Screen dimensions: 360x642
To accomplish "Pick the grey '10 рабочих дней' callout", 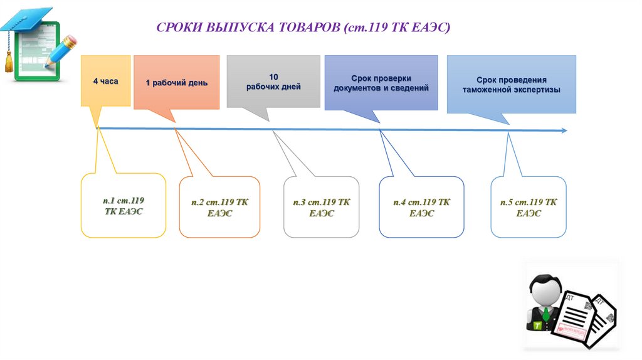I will click(x=273, y=82).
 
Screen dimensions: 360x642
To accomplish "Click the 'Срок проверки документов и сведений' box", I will click(x=381, y=83).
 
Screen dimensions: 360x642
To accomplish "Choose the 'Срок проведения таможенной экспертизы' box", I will click(x=511, y=85).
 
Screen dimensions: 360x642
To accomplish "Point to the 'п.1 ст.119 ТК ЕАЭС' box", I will click(x=124, y=206).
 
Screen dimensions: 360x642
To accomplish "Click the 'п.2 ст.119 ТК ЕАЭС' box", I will click(x=219, y=207).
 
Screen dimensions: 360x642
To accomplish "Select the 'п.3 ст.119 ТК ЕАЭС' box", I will click(x=321, y=207).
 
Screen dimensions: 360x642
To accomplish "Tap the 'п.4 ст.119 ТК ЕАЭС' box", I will click(x=421, y=207).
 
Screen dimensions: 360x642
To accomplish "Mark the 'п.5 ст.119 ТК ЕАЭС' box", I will click(x=528, y=207).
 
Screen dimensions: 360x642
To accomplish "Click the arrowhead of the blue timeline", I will click(x=564, y=130).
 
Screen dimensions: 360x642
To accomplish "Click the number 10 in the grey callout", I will click(x=273, y=76).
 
